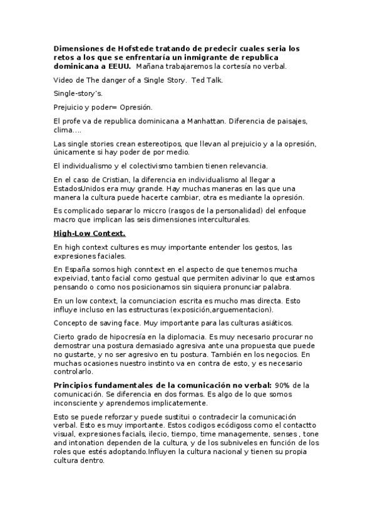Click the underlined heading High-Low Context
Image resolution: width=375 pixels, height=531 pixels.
coord(90,234)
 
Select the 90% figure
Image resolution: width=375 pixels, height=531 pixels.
coord(282,385)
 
